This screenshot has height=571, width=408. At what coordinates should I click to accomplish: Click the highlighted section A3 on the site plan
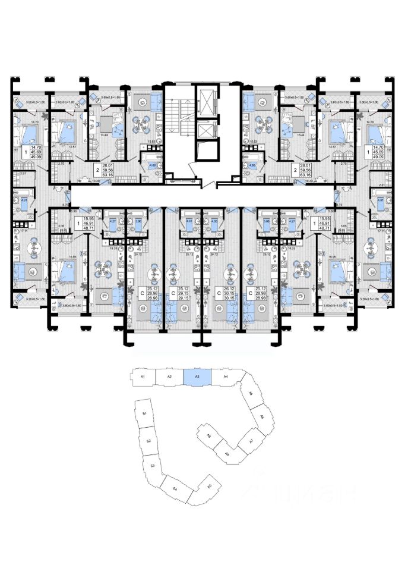198,376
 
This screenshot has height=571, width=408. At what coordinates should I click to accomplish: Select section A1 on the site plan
143,377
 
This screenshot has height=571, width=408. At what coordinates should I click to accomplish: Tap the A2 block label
169,377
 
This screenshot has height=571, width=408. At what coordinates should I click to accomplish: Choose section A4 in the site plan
226,377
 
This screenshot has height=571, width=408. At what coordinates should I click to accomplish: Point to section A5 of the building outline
251,394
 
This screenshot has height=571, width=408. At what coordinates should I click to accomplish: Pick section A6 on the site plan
261,418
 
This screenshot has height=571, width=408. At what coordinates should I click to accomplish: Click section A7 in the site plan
251,441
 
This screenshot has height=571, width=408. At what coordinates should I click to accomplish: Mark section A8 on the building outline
227,454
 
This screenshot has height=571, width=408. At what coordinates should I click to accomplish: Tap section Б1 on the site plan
145,414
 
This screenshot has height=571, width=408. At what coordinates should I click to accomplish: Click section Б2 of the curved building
148,441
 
